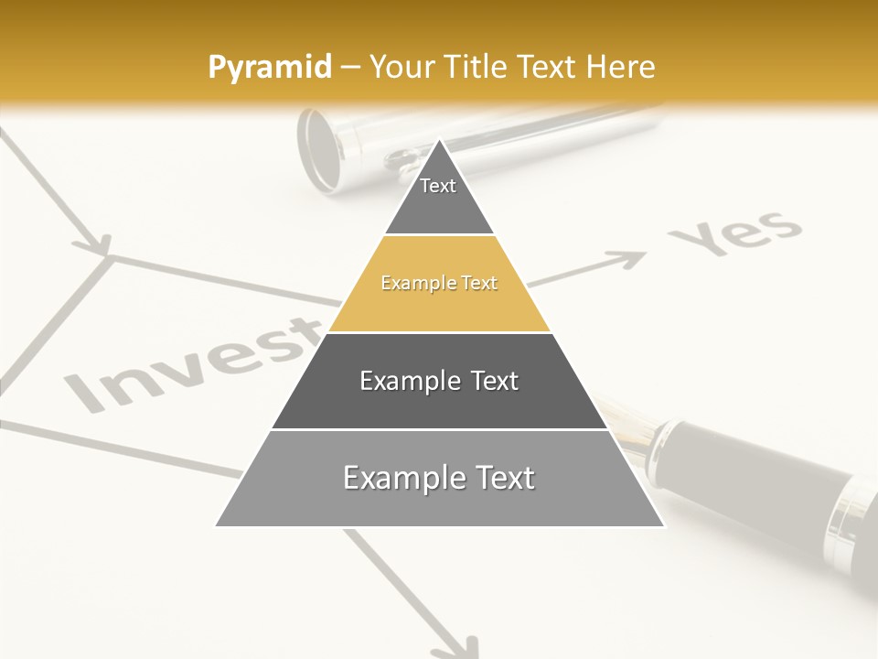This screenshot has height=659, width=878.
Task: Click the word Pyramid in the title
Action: click(269, 68)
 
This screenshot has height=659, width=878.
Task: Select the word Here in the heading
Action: click(620, 67)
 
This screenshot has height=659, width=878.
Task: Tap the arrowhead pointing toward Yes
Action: click(631, 260)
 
